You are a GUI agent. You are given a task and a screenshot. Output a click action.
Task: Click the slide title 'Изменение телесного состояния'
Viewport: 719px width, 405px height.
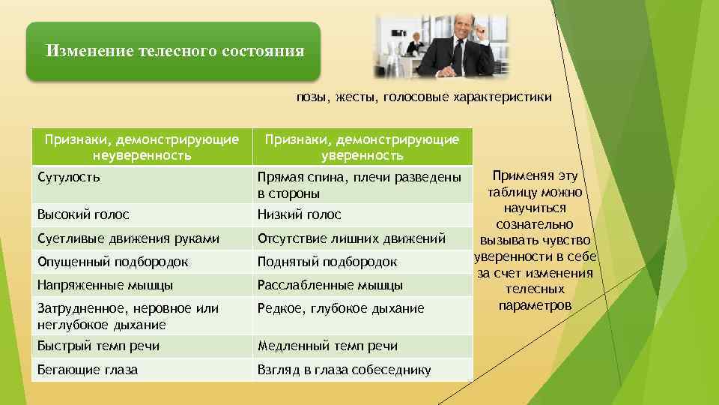(175, 51)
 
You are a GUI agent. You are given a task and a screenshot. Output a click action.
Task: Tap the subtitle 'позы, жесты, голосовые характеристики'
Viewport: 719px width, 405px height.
(424, 97)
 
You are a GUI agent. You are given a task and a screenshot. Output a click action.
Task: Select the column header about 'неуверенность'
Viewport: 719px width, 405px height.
(142, 147)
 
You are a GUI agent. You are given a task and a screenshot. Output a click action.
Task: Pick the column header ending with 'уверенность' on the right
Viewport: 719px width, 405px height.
(362, 147)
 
